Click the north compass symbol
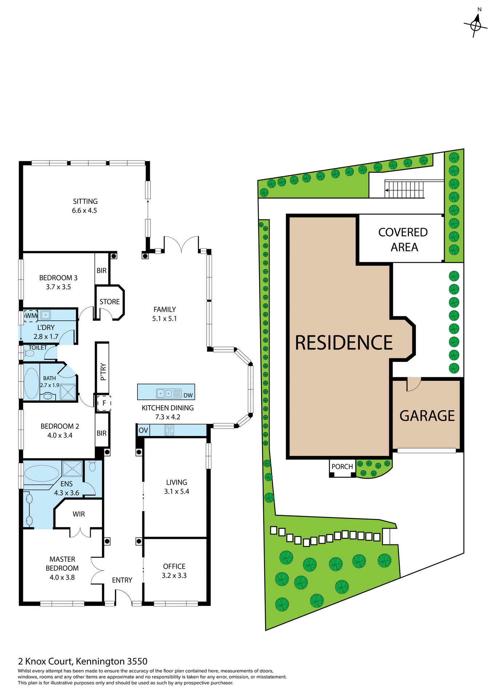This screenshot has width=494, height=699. [475, 25]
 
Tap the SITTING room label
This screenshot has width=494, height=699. [85, 201]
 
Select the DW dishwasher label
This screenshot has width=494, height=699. [188, 395]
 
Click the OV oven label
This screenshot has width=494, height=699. [143, 430]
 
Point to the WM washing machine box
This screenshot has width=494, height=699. [31, 316]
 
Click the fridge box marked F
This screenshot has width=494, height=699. [104, 403]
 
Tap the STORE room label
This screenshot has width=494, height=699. [109, 302]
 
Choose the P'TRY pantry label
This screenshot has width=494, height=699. [103, 372]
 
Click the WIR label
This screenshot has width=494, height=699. [79, 514]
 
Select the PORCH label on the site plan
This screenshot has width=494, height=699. [342, 466]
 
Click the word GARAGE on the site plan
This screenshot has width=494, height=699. [427, 416]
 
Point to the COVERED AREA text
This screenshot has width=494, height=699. [403, 240]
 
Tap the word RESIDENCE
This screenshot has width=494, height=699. [343, 343]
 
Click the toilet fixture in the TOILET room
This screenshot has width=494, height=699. [29, 353]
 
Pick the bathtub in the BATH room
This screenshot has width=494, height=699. [31, 383]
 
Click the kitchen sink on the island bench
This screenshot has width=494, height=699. [164, 393]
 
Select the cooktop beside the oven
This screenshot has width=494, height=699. [170, 430]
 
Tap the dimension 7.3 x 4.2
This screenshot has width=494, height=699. [168, 417]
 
